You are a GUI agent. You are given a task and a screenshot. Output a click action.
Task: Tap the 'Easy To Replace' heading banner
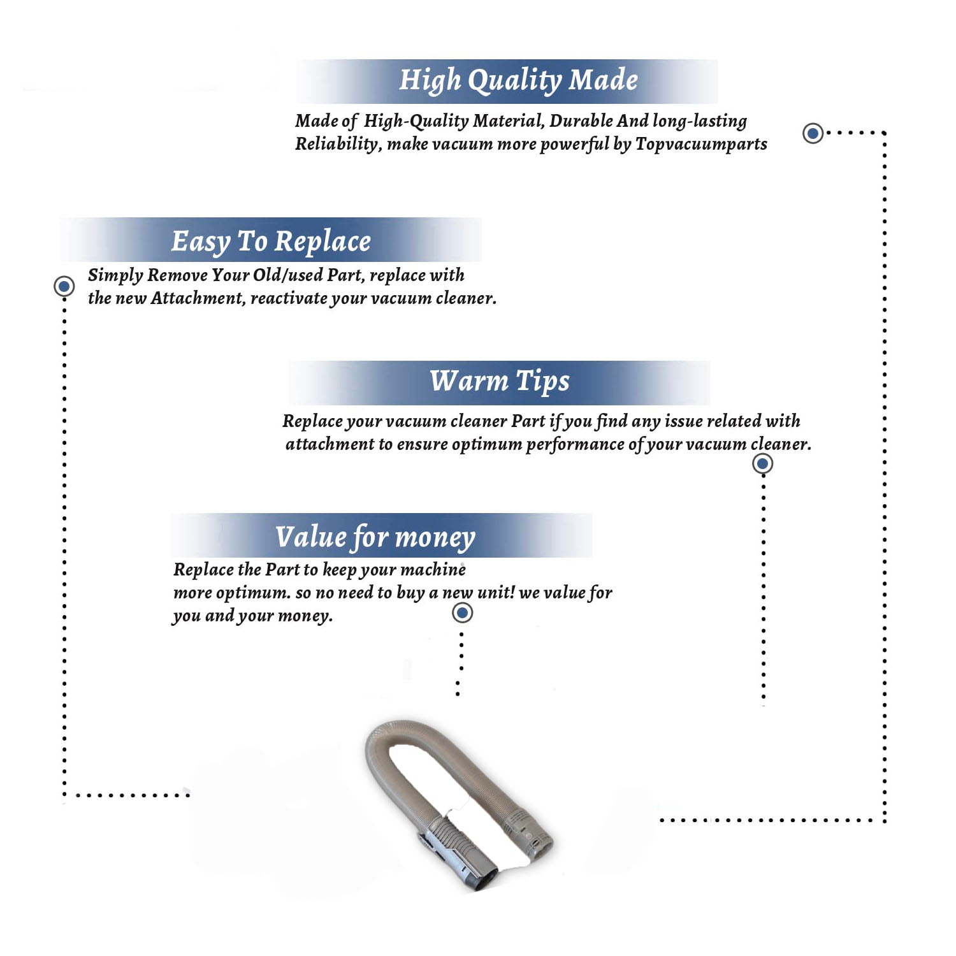(271, 241)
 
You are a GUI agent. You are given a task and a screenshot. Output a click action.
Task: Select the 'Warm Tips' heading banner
(499, 381)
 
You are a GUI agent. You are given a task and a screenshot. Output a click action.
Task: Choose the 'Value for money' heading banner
(375, 537)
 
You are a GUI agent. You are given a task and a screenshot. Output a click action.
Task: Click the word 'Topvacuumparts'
(701, 144)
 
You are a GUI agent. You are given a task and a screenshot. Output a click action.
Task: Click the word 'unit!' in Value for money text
(495, 593)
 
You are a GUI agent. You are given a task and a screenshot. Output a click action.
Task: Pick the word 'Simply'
(115, 275)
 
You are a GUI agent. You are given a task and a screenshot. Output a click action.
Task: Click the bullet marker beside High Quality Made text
(813, 133)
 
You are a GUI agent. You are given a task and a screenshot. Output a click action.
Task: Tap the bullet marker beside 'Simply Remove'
(64, 286)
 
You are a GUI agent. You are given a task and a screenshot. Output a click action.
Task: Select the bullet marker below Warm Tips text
(762, 463)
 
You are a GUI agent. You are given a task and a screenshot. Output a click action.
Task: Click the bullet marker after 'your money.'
(462, 613)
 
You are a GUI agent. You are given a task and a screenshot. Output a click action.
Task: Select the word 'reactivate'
(289, 298)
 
